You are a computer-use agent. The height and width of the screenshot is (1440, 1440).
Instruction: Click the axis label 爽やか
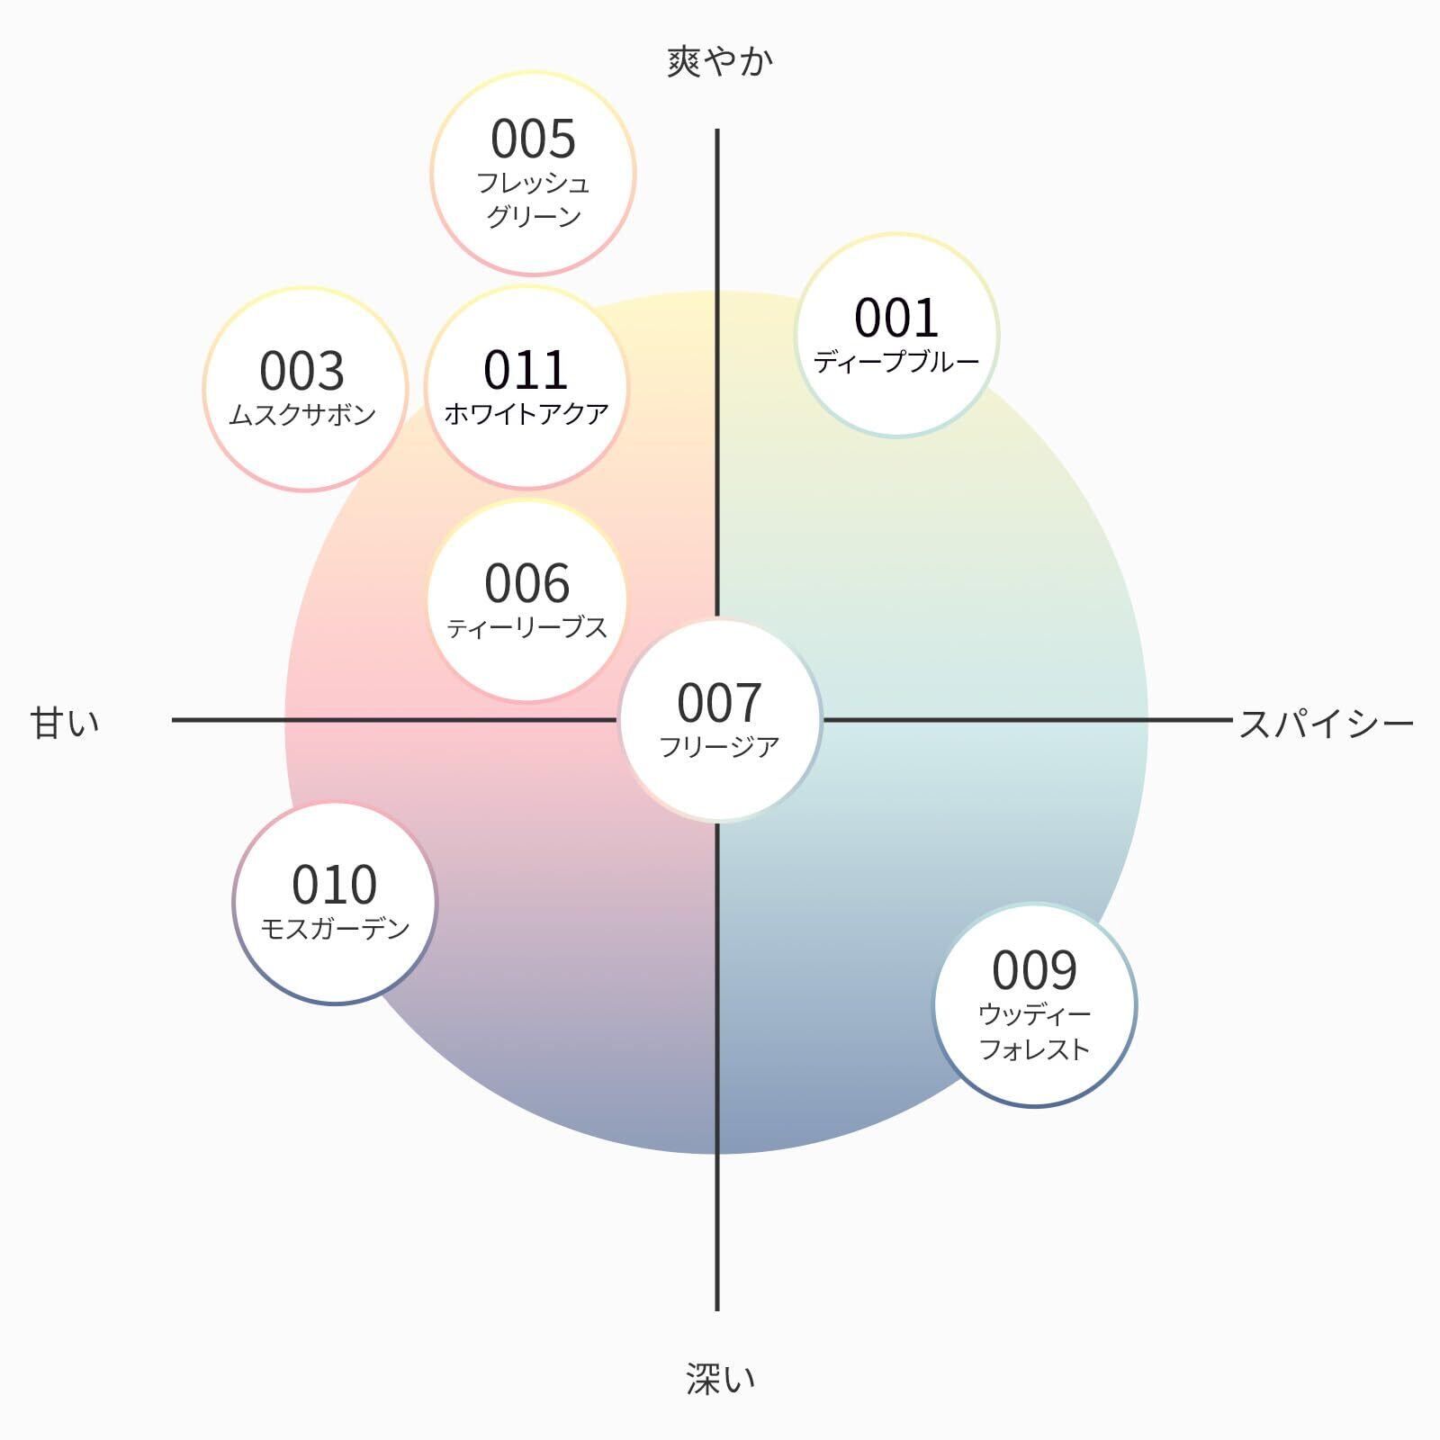click(x=719, y=62)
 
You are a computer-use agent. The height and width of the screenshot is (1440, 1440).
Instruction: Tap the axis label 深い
click(x=720, y=1378)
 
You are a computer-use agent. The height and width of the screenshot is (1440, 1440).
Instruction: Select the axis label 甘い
click(x=65, y=723)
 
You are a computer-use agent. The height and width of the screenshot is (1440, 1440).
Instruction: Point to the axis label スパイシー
click(x=1325, y=724)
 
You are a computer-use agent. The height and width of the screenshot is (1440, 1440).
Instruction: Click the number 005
click(x=533, y=139)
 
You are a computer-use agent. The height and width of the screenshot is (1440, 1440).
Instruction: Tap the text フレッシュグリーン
click(x=533, y=200)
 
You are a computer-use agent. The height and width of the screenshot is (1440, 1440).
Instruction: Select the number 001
click(x=896, y=318)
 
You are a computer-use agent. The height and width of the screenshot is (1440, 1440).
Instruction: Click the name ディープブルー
click(x=896, y=362)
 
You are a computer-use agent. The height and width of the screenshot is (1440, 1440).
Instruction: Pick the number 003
click(x=302, y=371)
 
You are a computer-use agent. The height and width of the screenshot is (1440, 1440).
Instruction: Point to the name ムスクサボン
click(x=302, y=415)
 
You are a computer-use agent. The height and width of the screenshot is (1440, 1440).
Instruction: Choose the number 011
click(x=526, y=370)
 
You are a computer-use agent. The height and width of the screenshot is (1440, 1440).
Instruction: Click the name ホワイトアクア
click(x=526, y=414)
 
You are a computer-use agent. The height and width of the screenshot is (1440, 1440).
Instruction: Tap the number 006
click(x=527, y=583)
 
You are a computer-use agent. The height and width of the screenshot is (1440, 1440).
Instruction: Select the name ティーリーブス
click(x=527, y=627)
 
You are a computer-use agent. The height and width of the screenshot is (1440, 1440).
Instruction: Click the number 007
click(x=719, y=703)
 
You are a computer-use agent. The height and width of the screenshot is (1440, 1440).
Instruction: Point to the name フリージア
click(x=719, y=747)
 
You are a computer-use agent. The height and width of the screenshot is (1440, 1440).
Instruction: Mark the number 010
click(x=335, y=885)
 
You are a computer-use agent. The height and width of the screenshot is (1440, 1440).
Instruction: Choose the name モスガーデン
click(x=335, y=928)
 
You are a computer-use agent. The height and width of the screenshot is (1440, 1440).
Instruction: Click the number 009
click(x=1034, y=970)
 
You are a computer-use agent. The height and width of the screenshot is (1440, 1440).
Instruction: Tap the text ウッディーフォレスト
click(x=1034, y=1031)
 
